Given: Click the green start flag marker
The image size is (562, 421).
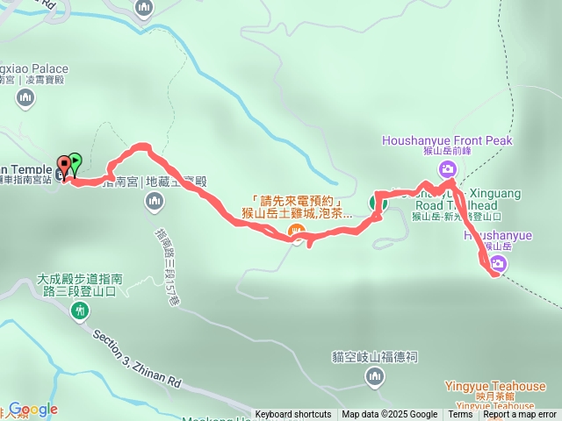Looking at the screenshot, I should [x=75, y=162].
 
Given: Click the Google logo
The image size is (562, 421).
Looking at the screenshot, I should [x=32, y=410].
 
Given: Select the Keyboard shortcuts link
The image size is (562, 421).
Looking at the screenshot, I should [x=293, y=415].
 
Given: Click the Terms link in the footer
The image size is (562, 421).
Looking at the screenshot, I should [x=460, y=415].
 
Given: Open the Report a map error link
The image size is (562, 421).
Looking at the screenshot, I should [x=520, y=415].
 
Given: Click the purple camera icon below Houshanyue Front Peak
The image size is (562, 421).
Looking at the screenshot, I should [x=448, y=169].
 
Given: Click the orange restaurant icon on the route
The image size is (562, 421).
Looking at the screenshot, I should [x=298, y=232].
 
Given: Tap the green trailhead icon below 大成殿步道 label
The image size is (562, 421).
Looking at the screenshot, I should [x=81, y=310].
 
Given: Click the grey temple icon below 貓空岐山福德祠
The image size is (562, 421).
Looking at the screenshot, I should [x=374, y=376].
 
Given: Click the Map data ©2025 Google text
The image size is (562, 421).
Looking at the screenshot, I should [x=389, y=415].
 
